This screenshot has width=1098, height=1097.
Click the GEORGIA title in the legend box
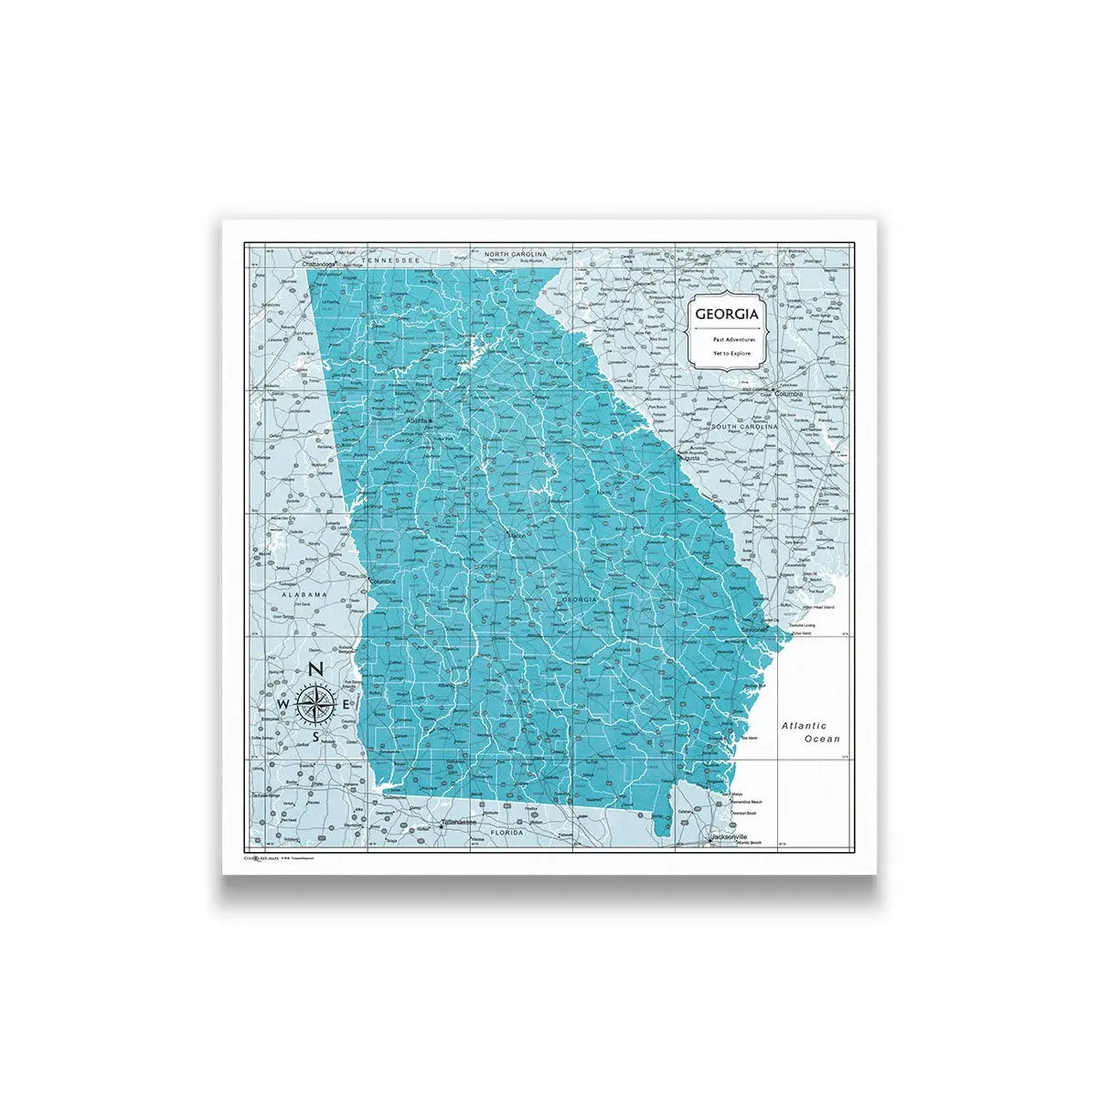tap(726, 314)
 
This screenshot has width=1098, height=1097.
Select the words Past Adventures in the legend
tap(728, 339)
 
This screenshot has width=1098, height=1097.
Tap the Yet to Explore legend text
tap(728, 352)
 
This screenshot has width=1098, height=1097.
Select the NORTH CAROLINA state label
tap(516, 253)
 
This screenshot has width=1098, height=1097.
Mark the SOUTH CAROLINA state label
tap(744, 427)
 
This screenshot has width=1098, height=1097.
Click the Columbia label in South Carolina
tap(789, 394)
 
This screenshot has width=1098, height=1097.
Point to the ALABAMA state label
tap(304, 594)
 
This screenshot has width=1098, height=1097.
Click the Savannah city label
tap(755, 631)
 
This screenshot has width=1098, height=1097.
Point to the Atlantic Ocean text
tap(810, 731)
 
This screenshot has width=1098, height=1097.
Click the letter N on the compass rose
tap(315, 670)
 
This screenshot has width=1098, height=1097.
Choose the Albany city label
tap(446, 684)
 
